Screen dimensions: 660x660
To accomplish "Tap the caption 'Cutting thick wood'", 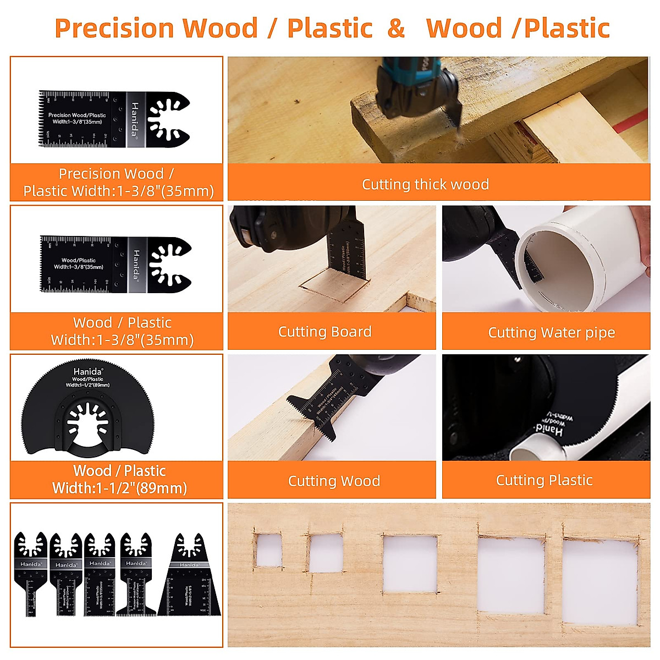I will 425,184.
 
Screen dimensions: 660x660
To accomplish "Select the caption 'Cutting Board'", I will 324,332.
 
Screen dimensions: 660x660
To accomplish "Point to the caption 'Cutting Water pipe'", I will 551,333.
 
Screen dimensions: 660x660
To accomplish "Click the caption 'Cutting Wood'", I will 334,481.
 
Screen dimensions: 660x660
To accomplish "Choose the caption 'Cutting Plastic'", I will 544,480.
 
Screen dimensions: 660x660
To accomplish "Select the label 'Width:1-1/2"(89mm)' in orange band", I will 119,488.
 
